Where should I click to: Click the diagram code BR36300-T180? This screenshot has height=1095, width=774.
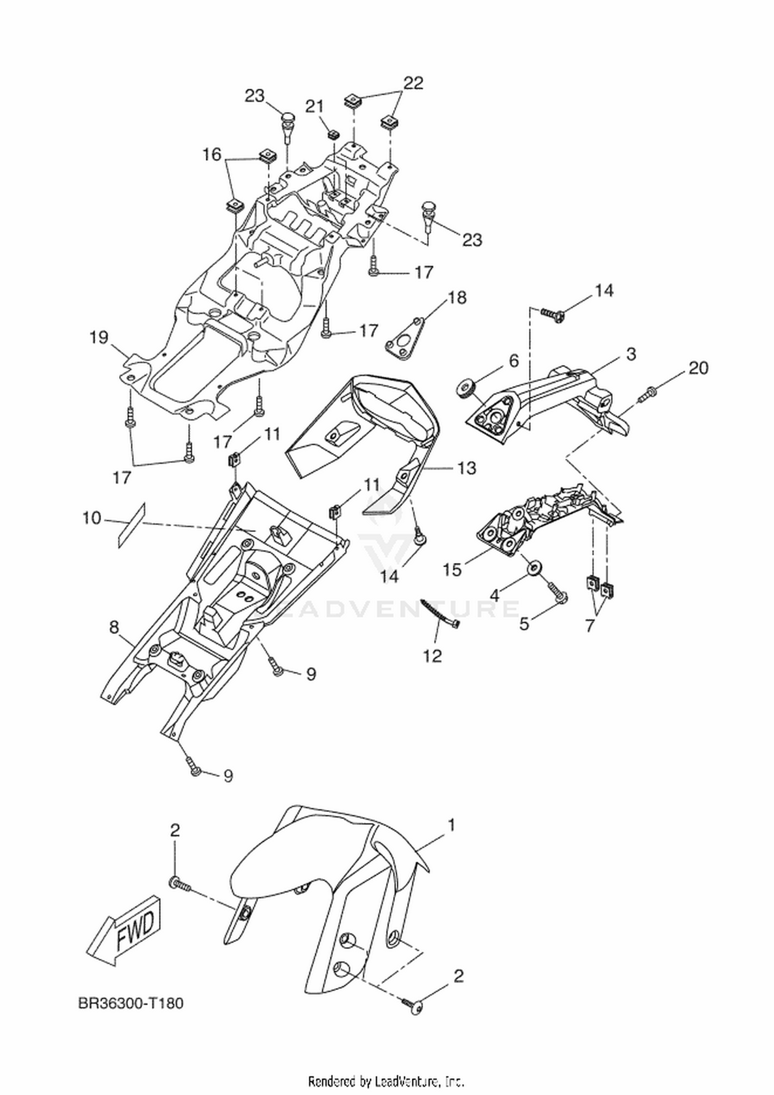[x=131, y=1004]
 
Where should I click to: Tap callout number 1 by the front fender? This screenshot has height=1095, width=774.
[x=450, y=826]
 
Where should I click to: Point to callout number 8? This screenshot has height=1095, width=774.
[x=114, y=627]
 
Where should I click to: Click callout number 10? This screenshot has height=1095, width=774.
[x=92, y=518]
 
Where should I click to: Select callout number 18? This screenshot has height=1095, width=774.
[x=457, y=298]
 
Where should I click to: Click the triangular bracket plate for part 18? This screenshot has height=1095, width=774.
[x=406, y=339]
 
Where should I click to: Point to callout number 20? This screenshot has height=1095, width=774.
[x=698, y=368]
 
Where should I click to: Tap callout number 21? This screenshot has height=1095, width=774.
[x=315, y=107]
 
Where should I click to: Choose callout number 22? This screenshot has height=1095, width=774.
[x=413, y=83]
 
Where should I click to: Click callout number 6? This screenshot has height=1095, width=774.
[x=514, y=361]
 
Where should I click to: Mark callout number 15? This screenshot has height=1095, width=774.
[x=453, y=570]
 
